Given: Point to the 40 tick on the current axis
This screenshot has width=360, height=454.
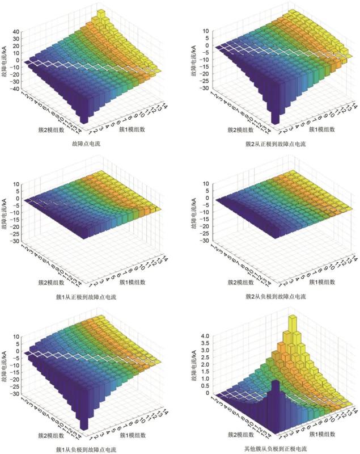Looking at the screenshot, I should point(16,32).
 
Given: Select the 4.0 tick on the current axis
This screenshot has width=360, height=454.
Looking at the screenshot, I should point(205,336).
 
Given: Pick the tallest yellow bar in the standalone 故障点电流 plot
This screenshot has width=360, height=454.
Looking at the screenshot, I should point(102,14).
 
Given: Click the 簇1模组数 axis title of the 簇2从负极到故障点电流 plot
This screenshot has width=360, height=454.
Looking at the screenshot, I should point(323,281).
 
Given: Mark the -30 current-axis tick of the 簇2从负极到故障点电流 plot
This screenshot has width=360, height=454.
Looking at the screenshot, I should point(205,241).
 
